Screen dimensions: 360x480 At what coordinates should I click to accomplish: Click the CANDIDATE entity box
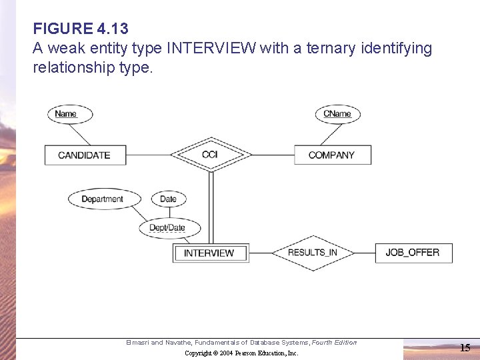(84, 155)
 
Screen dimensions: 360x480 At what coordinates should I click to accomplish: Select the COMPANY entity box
(331, 155)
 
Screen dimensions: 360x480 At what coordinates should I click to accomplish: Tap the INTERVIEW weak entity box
(209, 253)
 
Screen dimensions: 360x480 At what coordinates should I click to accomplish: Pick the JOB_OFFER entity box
(413, 253)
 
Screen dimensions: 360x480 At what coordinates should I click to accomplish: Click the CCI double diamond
(209, 155)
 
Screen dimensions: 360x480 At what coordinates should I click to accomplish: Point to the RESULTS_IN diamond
(312, 253)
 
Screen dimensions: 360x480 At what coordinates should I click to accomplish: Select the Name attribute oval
(66, 113)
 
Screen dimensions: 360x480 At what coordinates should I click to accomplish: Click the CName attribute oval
(337, 113)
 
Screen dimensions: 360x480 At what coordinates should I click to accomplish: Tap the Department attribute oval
(103, 199)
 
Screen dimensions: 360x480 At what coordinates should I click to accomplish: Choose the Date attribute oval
(168, 199)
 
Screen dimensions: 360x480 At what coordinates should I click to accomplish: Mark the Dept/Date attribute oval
(167, 228)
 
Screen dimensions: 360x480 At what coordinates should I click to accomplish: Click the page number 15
(465, 347)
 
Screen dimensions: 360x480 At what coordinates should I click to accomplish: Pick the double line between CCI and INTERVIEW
(211, 207)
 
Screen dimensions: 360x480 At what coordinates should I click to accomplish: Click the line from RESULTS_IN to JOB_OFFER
(364, 253)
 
